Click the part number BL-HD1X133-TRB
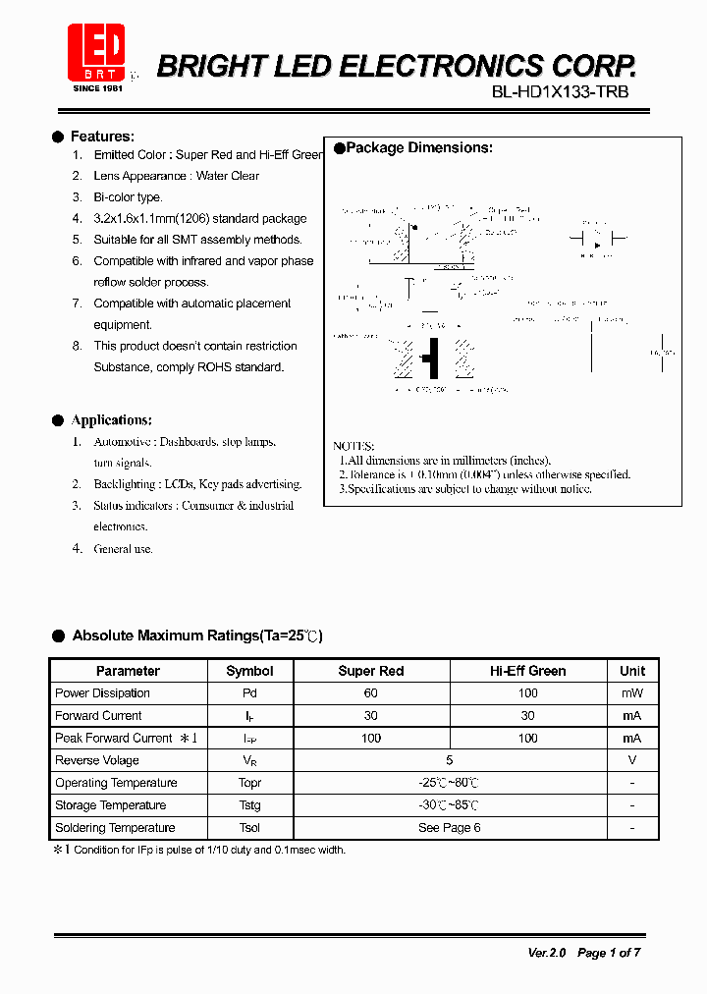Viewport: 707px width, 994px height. point(560,92)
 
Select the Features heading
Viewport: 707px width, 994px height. point(102,137)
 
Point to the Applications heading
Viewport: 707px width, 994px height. point(111,420)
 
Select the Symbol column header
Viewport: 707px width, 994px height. point(249,671)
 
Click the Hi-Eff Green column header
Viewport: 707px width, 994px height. point(527,671)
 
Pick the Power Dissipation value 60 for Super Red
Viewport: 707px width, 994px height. point(370,693)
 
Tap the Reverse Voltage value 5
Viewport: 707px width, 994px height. point(449,760)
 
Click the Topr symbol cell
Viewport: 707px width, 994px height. point(249,783)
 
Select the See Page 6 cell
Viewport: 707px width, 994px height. point(449,828)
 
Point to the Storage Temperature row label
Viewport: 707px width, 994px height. point(110,805)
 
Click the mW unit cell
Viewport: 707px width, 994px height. point(631,693)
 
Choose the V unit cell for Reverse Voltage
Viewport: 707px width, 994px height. point(631,760)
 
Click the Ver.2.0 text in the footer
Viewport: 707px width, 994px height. point(548,953)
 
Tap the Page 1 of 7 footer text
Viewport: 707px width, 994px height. point(609,953)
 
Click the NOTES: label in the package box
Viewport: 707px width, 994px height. point(353,446)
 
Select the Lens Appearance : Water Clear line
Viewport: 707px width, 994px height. point(176,176)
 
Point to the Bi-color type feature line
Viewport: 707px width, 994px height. point(128,197)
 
